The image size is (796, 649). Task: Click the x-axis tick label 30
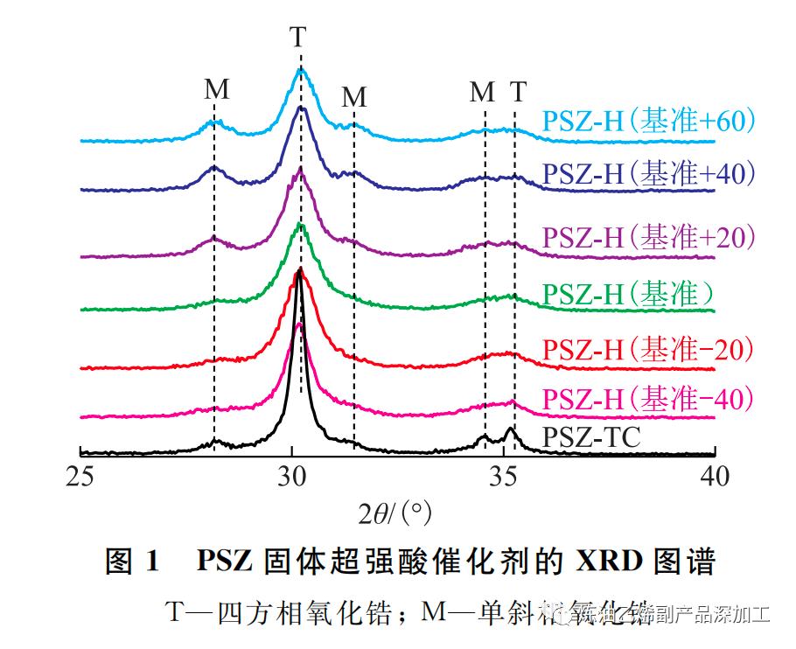[292, 476]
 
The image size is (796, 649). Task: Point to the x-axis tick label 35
[504, 476]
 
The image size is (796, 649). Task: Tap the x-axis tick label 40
[716, 476]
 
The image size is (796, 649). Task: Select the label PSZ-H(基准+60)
[648, 121]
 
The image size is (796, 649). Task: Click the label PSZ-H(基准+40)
[648, 173]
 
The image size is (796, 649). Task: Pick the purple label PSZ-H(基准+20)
[648, 236]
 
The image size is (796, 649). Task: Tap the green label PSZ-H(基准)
[628, 294]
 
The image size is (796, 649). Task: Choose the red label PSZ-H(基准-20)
[648, 349]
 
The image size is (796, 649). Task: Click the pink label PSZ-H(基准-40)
[648, 399]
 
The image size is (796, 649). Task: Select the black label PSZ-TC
[591, 436]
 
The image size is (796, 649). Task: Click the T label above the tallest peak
[298, 38]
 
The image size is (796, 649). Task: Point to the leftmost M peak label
[217, 89]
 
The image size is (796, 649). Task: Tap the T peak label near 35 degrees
[519, 92]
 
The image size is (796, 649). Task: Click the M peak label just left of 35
[482, 92]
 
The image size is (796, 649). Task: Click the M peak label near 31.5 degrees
[353, 97]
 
